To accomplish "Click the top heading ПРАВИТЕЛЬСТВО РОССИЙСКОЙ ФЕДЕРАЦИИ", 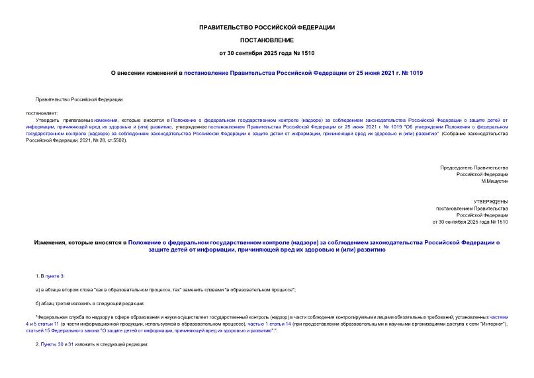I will point(267,27).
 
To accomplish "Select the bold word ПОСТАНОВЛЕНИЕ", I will point(267,40).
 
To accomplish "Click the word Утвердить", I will point(48,120).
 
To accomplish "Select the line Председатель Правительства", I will point(474,167).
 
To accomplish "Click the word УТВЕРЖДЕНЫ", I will point(490,201).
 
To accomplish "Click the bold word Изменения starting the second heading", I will point(55,243).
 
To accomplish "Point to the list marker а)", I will point(38,290).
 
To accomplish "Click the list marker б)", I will point(38,303).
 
